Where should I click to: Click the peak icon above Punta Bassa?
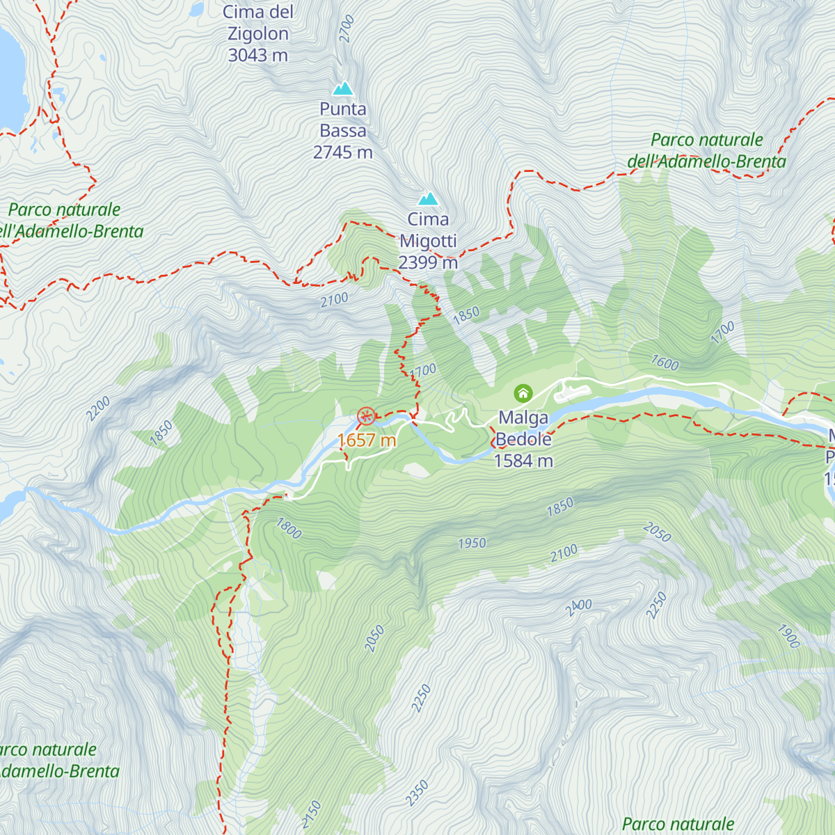click(x=342, y=88)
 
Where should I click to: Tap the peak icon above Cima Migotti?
click(x=428, y=198)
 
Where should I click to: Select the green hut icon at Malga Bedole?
click(x=523, y=394)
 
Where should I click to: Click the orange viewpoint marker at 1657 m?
click(x=366, y=417)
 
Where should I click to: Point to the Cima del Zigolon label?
click(x=258, y=33)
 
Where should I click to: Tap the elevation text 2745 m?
click(x=342, y=152)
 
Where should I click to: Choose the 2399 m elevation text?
click(x=428, y=262)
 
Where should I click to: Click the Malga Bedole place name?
click(x=524, y=429)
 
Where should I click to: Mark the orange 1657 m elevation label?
click(x=367, y=440)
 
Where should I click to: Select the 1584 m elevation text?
click(x=523, y=461)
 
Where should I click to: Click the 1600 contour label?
click(x=665, y=363)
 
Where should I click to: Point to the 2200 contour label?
click(x=98, y=408)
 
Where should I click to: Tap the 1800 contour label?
click(x=289, y=528)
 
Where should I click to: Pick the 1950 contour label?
click(x=472, y=543)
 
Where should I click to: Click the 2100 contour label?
click(x=564, y=553)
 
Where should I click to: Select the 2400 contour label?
click(x=578, y=607)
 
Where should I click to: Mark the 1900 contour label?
click(x=788, y=636)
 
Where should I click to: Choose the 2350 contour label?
click(x=417, y=793)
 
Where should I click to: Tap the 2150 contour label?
click(x=311, y=814)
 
